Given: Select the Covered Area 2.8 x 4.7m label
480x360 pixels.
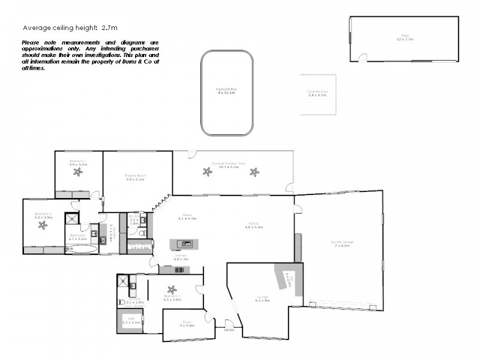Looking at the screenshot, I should pos(317,94).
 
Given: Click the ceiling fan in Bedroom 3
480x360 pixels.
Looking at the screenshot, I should pos(78,172).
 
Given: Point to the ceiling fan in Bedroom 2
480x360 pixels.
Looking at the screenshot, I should pos(42,226).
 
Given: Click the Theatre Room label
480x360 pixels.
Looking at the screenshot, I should pos(136,177).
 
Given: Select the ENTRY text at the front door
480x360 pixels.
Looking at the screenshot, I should pos(229,329).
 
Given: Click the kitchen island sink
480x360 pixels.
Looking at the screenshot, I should pos(187,244).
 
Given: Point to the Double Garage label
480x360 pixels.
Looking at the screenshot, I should pos(341,243).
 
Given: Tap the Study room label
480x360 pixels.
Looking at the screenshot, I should pos(186,325).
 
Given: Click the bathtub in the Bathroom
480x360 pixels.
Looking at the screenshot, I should pos(80,248).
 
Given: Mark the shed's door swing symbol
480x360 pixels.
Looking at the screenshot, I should pos(362,58).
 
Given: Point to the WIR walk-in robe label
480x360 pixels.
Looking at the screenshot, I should pos(131,321).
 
